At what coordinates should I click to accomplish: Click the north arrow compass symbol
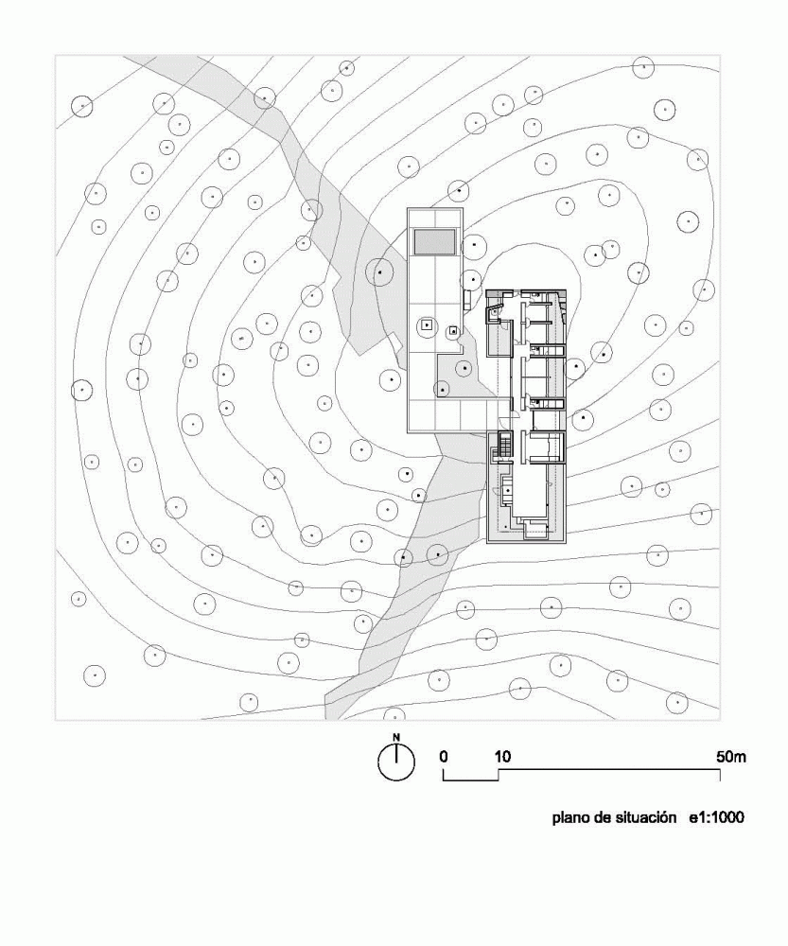pyautogui.click(x=396, y=762)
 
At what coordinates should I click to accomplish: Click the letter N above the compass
pyautogui.click(x=396, y=737)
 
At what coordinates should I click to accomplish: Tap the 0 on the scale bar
pyautogui.click(x=444, y=757)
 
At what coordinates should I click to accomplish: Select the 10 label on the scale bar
pyautogui.click(x=502, y=757)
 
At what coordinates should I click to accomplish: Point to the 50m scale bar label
pyautogui.click(x=730, y=757)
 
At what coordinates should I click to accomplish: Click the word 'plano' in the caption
pyautogui.click(x=570, y=818)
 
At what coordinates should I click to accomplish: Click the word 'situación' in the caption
pyautogui.click(x=644, y=818)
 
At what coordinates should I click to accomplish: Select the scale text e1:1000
pyautogui.click(x=717, y=818)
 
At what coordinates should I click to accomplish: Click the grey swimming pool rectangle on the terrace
pyautogui.click(x=434, y=241)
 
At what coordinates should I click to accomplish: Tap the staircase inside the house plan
pyautogui.click(x=502, y=447)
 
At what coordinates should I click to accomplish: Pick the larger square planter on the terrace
pyautogui.click(x=427, y=325)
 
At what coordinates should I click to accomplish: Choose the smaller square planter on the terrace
pyautogui.click(x=452, y=330)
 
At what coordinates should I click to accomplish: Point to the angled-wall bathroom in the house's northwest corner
pyautogui.click(x=496, y=312)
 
